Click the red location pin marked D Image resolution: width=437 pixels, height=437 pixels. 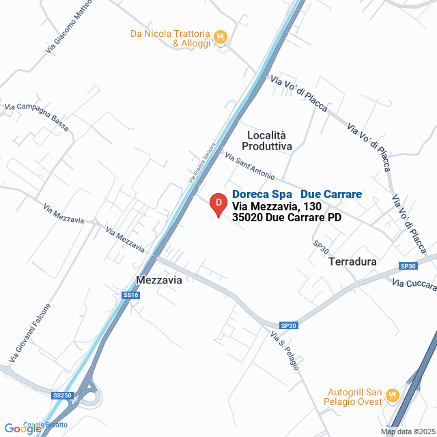(x=218, y=204)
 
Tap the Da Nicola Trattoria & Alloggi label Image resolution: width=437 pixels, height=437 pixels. (x=170, y=38)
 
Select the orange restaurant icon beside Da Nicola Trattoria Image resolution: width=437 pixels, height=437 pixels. (x=221, y=38)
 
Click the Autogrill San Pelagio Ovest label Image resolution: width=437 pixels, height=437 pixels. (x=352, y=399)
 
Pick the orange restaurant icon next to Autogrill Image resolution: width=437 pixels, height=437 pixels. (x=392, y=394)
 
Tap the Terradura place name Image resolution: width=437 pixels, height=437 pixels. (x=352, y=262)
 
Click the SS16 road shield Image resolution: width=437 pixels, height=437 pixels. (x=131, y=295)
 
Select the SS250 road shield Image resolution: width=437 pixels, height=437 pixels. (x=61, y=395)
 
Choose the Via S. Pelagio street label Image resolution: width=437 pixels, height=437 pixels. (x=285, y=351)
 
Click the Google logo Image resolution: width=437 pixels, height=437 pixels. (x=22, y=429)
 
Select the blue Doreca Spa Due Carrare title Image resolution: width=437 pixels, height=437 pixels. (x=297, y=195)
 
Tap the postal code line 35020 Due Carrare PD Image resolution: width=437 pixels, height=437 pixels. (x=287, y=218)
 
